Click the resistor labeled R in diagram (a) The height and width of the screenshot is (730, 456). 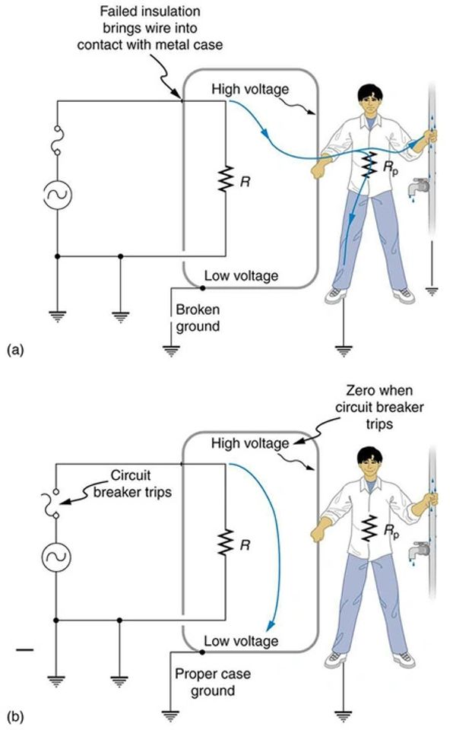[x=226, y=180]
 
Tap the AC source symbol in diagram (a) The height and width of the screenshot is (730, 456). [x=58, y=194]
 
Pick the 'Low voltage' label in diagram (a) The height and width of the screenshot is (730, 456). [x=242, y=275]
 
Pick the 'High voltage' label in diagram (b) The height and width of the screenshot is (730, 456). [x=251, y=443]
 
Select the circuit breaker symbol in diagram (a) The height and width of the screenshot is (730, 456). [x=58, y=141]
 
